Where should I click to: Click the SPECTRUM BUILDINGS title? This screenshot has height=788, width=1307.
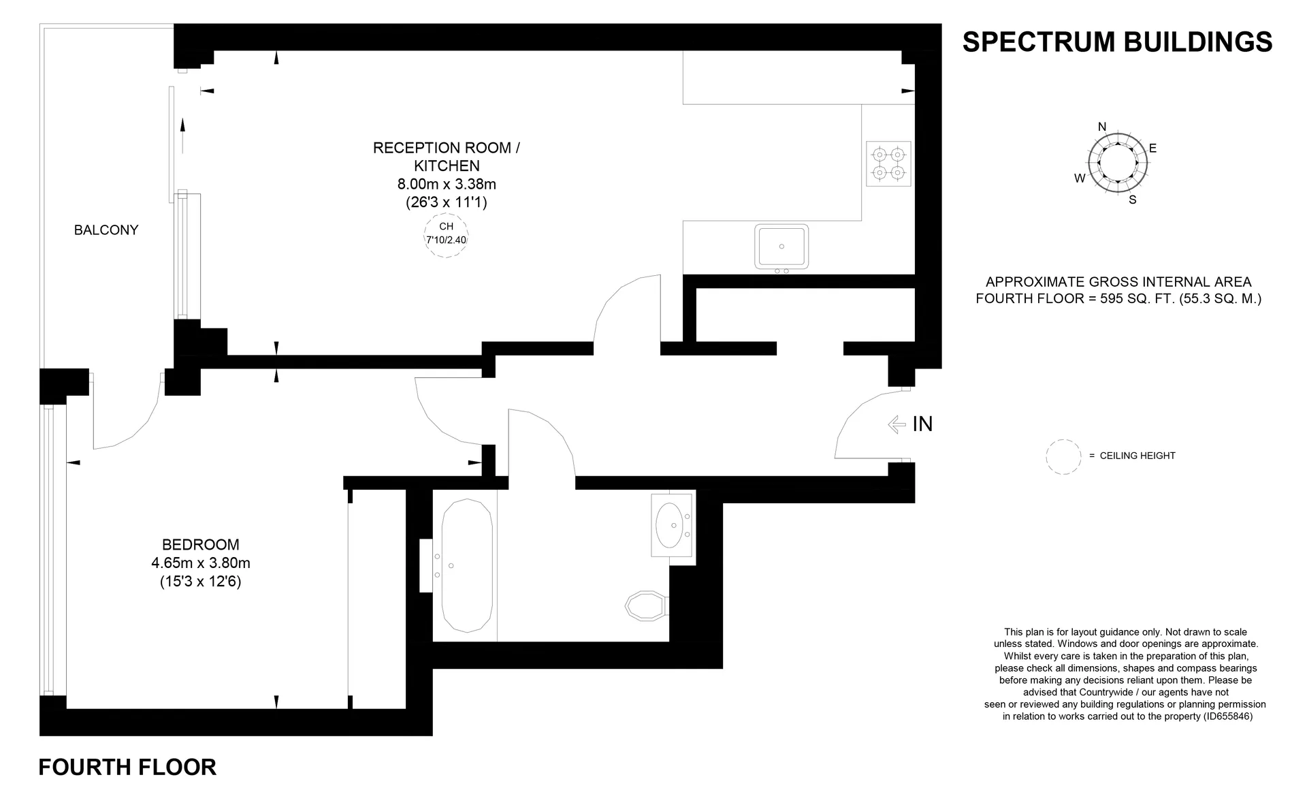click(1117, 42)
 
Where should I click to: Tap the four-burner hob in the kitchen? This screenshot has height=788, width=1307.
click(888, 163)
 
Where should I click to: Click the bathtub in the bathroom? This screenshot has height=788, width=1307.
click(466, 566)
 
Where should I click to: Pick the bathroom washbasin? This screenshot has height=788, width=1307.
click(673, 525)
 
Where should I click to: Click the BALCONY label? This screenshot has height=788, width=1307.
click(106, 230)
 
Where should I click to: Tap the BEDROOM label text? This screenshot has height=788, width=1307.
click(201, 545)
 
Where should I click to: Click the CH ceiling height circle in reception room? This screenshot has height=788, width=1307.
click(446, 235)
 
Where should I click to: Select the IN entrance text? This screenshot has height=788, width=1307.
click(922, 424)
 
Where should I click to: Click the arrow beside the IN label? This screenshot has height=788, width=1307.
click(897, 424)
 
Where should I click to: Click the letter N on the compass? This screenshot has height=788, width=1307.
click(1102, 127)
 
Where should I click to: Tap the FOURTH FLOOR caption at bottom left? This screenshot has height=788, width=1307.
click(127, 768)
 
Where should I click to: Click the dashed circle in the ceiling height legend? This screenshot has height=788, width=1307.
click(1063, 456)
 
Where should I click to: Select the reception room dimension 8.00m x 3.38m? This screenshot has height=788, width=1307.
click(447, 184)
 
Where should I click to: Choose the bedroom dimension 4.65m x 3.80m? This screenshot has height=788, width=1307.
click(201, 563)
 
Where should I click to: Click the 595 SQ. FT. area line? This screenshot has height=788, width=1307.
click(1118, 298)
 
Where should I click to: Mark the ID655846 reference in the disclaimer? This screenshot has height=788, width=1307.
click(1227, 716)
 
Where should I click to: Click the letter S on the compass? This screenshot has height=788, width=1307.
click(1133, 200)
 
